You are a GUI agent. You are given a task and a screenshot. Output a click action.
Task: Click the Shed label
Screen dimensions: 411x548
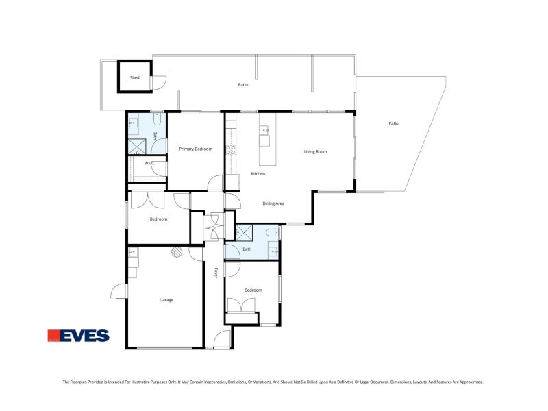[x=135, y=77]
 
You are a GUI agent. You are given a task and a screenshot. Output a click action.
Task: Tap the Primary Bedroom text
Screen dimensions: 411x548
[x=195, y=149]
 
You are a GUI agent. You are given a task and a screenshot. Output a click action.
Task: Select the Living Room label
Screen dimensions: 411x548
[x=315, y=151]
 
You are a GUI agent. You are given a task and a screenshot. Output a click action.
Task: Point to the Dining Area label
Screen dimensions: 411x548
[x=273, y=203]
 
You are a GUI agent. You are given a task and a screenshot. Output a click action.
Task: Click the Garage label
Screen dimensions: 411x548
[x=166, y=300]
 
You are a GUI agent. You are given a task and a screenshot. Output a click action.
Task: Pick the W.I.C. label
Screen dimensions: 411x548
[x=149, y=163]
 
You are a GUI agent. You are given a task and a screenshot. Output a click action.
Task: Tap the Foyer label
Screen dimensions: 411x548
[x=215, y=272]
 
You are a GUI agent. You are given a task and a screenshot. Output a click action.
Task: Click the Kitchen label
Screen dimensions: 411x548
[x=258, y=173]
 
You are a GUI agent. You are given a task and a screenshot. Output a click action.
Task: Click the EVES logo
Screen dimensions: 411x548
[x=78, y=336]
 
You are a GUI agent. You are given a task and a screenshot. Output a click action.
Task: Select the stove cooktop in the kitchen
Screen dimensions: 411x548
[x=231, y=150]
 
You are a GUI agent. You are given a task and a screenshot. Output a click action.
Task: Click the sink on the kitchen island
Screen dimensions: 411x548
[x=265, y=129]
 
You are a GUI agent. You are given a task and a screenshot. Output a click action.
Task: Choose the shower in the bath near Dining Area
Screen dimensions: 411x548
[x=244, y=232]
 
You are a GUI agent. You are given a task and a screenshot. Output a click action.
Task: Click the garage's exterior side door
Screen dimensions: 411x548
[x=119, y=292]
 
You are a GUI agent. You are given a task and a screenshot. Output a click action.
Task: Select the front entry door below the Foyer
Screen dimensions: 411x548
[x=222, y=338]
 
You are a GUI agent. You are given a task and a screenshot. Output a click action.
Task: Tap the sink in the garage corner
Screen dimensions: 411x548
[x=132, y=253]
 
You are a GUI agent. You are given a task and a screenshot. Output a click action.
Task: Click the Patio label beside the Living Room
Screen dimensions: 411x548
[x=393, y=123]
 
